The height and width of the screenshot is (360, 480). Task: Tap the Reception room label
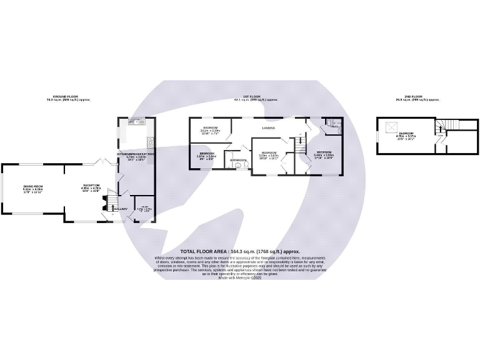click(x=91, y=186)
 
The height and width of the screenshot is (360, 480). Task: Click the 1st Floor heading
click(x=256, y=97)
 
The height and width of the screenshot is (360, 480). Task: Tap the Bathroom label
click(x=238, y=161)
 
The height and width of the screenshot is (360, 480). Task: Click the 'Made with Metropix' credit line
click(x=240, y=277)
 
